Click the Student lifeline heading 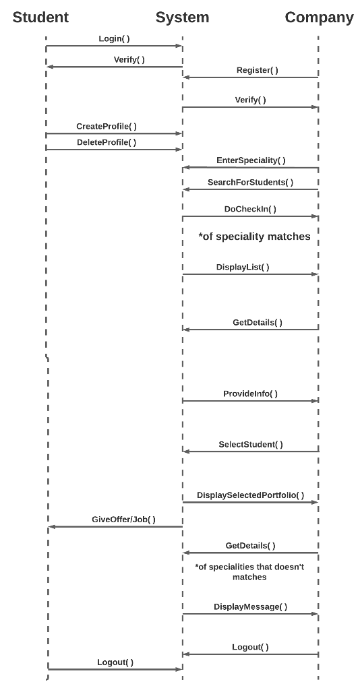pos(40,18)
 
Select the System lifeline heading pos(182,18)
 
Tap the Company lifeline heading pos(319,18)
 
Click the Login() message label pos(114,39)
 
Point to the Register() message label pos(257,70)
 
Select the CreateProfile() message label pos(106,127)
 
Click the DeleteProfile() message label pos(106,142)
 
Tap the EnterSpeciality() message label pos(251,160)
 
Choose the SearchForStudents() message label pos(250,183)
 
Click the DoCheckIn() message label pos(250,210)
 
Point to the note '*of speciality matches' pos(254,237)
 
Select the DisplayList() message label pos(243,268)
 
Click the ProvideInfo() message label pos(250,394)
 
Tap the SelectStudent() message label pos(251,445)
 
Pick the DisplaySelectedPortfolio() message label pos(250,495)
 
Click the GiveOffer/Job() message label pos(123,520)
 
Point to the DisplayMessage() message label pos(250,607)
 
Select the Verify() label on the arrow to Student pos(129,60)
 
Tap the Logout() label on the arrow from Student pos(115,662)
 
